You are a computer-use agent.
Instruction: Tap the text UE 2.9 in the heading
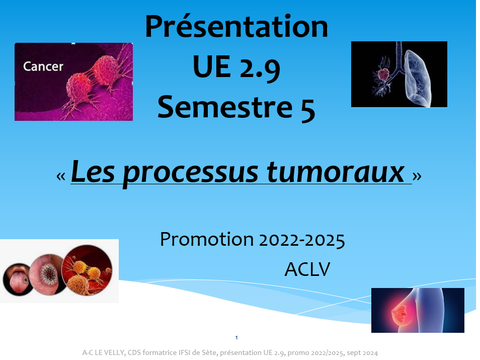click(236, 67)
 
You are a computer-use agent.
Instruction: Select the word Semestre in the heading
click(225, 107)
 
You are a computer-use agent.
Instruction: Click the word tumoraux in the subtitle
click(336, 172)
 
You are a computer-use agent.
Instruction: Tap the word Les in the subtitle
click(93, 171)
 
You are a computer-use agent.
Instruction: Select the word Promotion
click(207, 239)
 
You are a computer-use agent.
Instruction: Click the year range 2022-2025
click(302, 240)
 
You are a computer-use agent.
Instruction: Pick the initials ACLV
click(307, 269)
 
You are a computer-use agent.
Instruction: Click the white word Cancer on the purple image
click(43, 66)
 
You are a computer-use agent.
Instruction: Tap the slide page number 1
click(236, 338)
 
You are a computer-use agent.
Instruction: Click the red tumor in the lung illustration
click(383, 75)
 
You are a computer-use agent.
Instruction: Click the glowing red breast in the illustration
click(399, 313)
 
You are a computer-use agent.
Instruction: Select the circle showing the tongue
click(18, 279)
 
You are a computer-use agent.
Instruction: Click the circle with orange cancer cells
click(87, 270)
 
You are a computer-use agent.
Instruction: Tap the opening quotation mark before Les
click(61, 176)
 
